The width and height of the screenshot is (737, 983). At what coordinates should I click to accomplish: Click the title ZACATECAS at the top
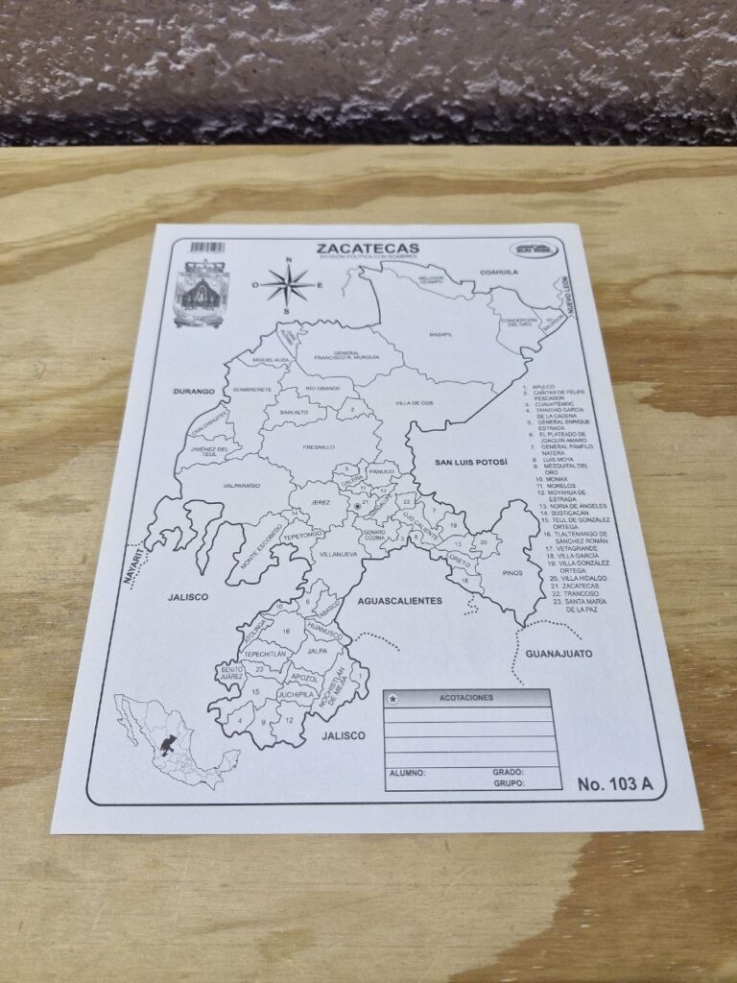[x=368, y=250]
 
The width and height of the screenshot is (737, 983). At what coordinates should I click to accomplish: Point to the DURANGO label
[x=193, y=392]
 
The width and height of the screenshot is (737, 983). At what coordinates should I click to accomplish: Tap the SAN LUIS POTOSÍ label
[x=471, y=462]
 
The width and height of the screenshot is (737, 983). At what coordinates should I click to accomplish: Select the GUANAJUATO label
[x=559, y=654]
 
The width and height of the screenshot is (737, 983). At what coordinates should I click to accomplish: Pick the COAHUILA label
[x=499, y=272]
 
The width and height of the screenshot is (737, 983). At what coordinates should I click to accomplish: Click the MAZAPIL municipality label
[x=441, y=333]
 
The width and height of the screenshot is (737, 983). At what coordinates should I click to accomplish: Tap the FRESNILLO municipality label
[x=318, y=447]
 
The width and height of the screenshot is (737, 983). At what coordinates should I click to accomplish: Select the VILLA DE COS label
[x=414, y=402]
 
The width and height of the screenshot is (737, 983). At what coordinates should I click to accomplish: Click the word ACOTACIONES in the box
[x=465, y=698]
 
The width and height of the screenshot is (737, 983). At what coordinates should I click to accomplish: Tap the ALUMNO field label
[x=408, y=772]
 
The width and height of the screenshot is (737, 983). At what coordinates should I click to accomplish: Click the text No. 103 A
[x=615, y=783]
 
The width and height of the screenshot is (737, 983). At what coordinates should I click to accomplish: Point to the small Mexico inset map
[x=173, y=740]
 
